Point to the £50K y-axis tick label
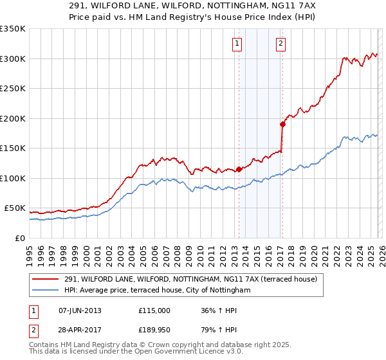pos(14,208)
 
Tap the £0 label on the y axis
pos(19,239)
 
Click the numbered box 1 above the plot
pos(237,44)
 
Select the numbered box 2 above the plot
pos(281,44)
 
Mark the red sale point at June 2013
pos(239,169)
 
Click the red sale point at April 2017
pos(282,124)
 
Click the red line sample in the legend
pos(46,279)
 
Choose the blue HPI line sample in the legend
pos(46,291)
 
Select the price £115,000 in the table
pos(154,310)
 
